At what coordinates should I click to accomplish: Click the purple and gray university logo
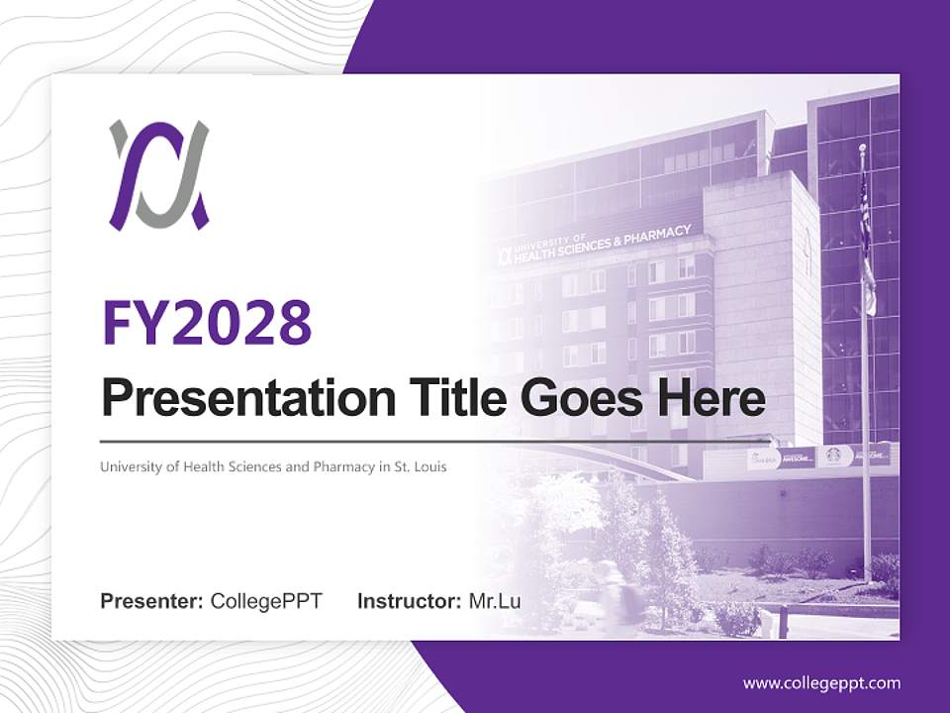158,175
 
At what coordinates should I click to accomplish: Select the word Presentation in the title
235,398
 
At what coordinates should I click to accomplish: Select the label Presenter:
152,601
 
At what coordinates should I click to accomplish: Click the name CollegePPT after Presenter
266,601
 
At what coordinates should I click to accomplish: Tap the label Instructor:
409,601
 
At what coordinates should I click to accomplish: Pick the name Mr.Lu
495,601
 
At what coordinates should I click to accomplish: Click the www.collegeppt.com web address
821,683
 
